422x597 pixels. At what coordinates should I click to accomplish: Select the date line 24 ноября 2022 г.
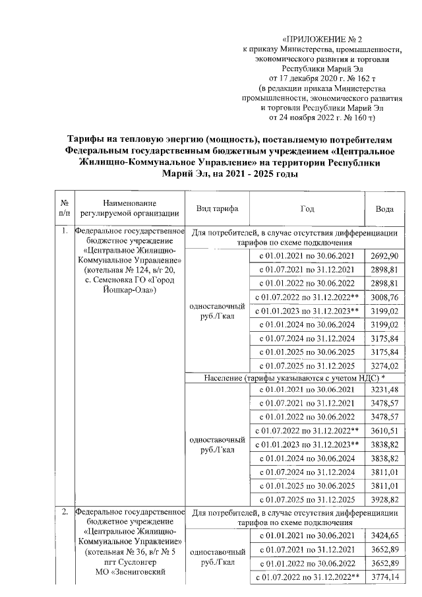click(x=316, y=117)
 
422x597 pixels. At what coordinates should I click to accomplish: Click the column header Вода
click(x=384, y=208)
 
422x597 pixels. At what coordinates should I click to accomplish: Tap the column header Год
click(x=308, y=208)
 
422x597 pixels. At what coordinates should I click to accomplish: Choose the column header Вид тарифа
click(x=218, y=208)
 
